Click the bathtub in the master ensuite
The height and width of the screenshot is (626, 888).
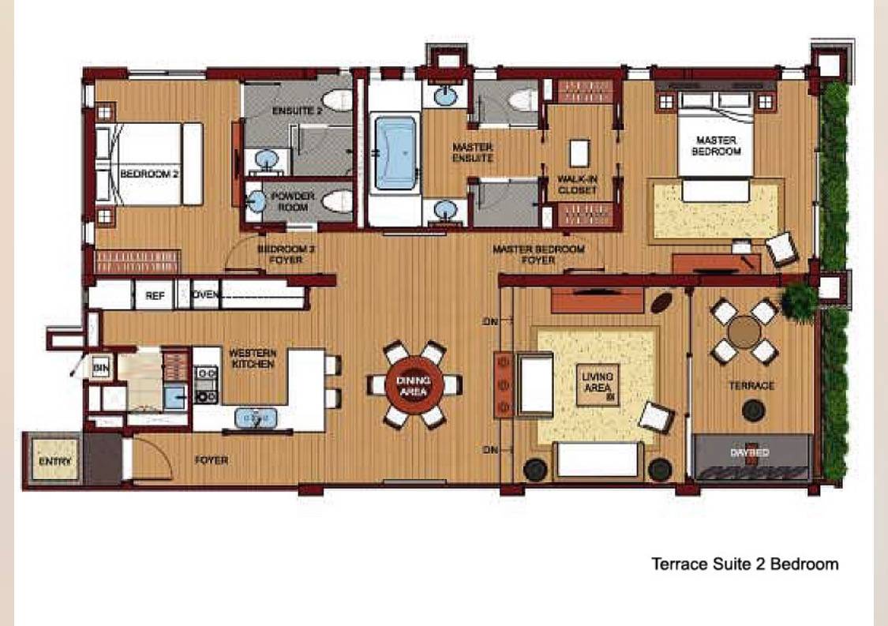click(395, 153)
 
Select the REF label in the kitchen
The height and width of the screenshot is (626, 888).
click(154, 296)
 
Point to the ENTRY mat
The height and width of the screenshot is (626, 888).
click(54, 460)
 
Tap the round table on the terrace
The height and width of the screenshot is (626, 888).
click(744, 331)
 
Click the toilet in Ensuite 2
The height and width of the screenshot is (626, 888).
click(338, 100)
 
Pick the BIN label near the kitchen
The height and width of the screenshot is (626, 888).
click(100, 367)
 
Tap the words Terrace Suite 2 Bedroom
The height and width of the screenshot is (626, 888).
click(744, 564)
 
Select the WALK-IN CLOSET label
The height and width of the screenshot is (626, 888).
click(578, 185)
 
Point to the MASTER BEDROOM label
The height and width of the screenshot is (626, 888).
click(716, 145)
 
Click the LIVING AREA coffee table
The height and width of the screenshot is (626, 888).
click(598, 384)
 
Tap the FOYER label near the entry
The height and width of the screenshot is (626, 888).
click(212, 460)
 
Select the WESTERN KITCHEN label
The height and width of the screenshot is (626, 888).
click(252, 359)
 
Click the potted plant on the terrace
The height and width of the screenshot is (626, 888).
click(800, 300)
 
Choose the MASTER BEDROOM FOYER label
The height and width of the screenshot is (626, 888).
click(538, 254)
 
